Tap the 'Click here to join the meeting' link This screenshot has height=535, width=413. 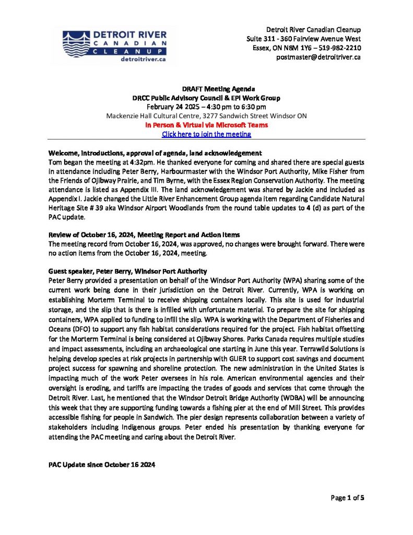(206, 134)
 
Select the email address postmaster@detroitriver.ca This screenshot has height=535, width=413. (318, 57)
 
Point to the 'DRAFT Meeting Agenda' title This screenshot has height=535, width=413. (206, 89)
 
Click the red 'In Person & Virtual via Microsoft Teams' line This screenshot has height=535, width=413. (206, 125)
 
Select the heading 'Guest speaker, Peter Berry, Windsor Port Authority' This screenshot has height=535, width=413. (128, 271)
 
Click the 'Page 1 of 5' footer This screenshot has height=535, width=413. (347, 497)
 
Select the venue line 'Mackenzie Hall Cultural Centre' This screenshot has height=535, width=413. (206, 115)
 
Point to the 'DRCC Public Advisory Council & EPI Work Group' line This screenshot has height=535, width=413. (206, 98)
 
